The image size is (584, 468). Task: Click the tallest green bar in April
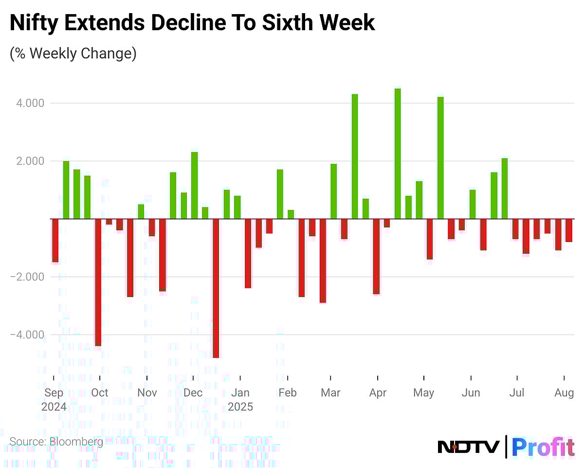point(398,153)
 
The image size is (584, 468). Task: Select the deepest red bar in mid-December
point(216,288)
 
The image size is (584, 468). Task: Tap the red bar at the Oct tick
point(98,282)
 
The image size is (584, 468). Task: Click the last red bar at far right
point(568,230)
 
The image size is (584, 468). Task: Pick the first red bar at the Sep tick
point(55,241)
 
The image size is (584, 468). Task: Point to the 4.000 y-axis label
point(30,103)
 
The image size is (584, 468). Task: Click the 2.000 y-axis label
point(30,161)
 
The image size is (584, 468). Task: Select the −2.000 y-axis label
point(28,277)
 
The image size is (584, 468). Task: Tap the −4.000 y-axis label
point(28,335)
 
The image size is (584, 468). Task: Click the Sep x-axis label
point(53,393)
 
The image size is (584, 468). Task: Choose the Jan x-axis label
point(240,393)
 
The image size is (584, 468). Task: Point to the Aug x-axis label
point(565,393)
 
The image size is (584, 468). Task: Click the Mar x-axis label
point(330,393)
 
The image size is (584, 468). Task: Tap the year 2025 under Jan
point(240,407)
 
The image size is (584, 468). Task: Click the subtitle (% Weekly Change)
point(73,53)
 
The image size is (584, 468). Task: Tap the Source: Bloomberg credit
point(56,442)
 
